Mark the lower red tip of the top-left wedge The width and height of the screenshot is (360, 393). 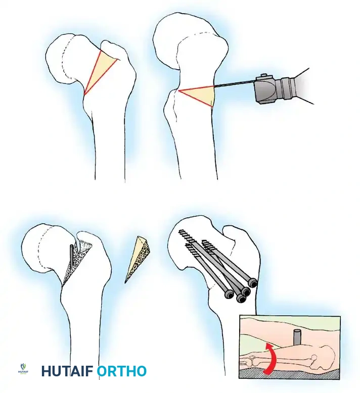point(84,94)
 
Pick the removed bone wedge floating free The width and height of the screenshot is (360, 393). point(138,257)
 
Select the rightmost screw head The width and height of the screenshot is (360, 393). point(252,283)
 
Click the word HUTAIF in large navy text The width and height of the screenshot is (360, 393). point(67,372)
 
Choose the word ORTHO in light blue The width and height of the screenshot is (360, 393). point(121,372)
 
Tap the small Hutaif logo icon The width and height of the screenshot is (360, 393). point(23,367)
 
